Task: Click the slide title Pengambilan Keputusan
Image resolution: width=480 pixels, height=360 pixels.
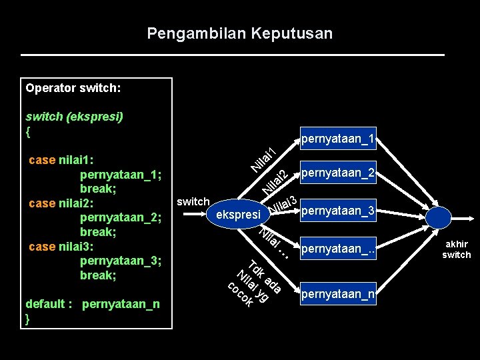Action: click(x=239, y=33)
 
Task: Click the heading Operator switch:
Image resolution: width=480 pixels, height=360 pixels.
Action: click(x=73, y=87)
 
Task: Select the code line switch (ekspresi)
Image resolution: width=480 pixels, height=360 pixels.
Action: click(x=74, y=116)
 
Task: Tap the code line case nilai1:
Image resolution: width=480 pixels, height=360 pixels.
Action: click(x=61, y=160)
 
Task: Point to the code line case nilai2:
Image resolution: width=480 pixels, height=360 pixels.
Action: click(x=61, y=203)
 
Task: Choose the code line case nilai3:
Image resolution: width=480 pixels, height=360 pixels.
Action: click(x=61, y=247)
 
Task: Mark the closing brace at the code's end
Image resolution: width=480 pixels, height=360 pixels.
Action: click(x=27, y=319)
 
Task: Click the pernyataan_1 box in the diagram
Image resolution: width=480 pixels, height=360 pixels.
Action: click(x=338, y=139)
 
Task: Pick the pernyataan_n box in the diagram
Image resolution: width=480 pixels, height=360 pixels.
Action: click(x=338, y=293)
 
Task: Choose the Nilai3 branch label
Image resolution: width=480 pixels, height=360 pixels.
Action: click(x=283, y=206)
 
